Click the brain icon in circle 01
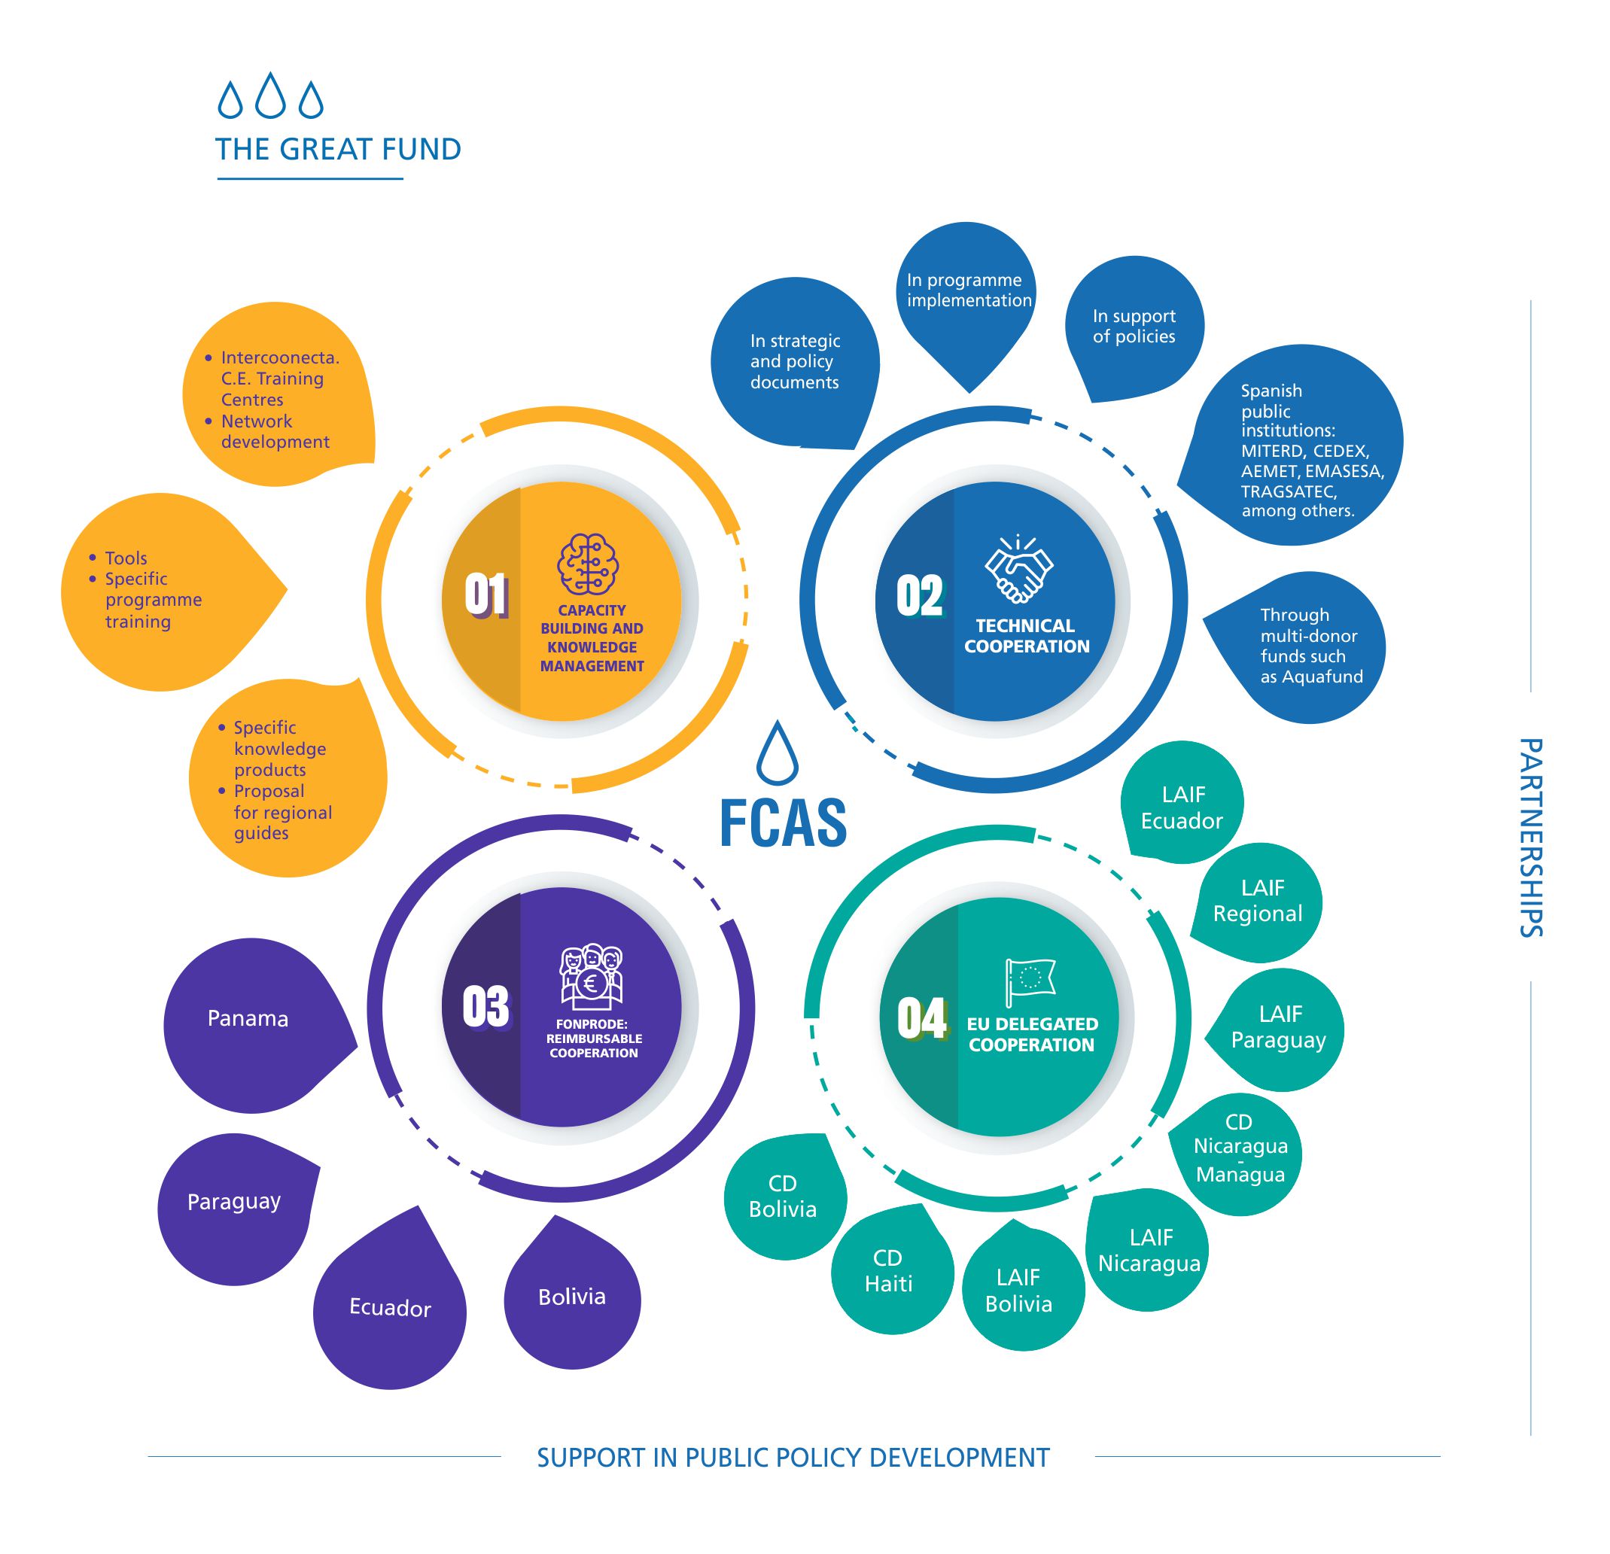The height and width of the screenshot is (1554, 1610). [587, 564]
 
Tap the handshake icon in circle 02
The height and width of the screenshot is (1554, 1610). [1018, 567]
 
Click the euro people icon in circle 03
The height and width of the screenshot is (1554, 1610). [592, 977]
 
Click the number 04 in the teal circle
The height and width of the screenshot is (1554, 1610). [921, 1018]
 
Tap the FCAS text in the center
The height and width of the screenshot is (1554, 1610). [783, 823]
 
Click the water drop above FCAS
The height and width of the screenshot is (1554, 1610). [776, 753]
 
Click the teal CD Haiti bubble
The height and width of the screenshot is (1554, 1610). [889, 1270]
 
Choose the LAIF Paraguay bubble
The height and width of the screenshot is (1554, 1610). [1278, 1027]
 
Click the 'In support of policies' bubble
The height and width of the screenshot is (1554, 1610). [1134, 326]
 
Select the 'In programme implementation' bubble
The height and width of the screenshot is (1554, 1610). [968, 290]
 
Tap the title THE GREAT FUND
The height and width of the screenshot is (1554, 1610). [338, 150]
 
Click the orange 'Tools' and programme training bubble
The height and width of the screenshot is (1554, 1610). [156, 590]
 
